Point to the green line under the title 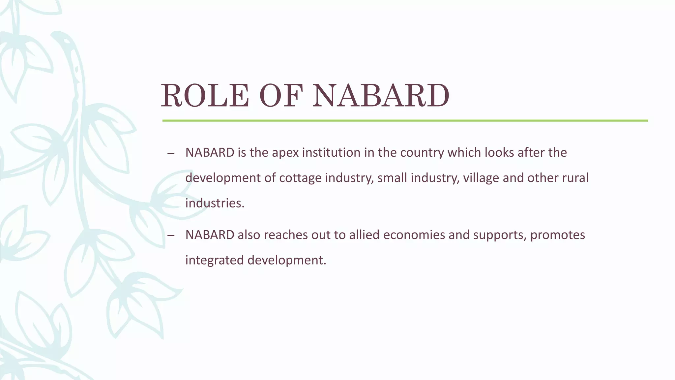(405, 121)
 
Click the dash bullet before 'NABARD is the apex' (171, 153)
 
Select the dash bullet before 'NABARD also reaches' (171, 236)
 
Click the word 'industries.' (215, 203)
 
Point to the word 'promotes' (558, 235)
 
